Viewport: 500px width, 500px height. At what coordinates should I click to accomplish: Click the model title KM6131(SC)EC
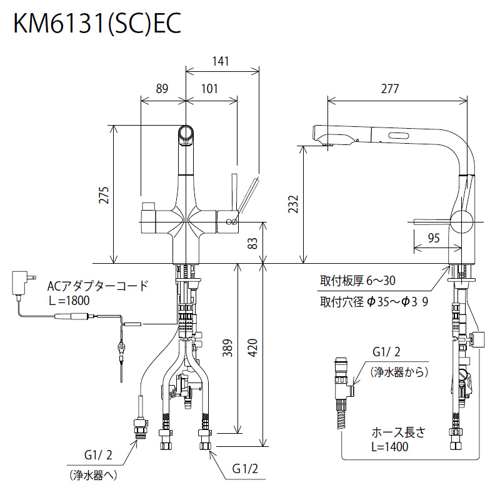pyautogui.click(x=97, y=23)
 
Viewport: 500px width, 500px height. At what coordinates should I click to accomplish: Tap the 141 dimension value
pyautogui.click(x=221, y=61)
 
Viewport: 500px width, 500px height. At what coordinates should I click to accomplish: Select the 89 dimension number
pyautogui.click(x=162, y=89)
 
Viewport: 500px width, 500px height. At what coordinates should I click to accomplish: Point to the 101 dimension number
pyautogui.click(x=209, y=89)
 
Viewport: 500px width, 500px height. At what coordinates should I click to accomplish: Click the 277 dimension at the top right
pyautogui.click(x=390, y=89)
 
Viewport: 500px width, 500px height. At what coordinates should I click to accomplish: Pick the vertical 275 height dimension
pyautogui.click(x=104, y=195)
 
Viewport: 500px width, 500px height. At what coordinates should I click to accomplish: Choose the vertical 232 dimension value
pyautogui.click(x=292, y=204)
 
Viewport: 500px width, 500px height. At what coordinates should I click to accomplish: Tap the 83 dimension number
pyautogui.click(x=252, y=244)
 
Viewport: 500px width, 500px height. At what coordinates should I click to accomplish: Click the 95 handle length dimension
pyautogui.click(x=434, y=238)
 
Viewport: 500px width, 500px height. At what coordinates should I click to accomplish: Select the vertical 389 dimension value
pyautogui.click(x=227, y=348)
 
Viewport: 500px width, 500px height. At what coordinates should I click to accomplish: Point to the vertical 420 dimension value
pyautogui.click(x=252, y=348)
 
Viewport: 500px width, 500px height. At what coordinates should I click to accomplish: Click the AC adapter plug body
pyautogui.click(x=19, y=282)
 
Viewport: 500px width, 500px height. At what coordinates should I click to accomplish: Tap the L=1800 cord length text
pyautogui.click(x=69, y=301)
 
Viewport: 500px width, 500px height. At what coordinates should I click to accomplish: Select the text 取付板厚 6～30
pyautogui.click(x=357, y=281)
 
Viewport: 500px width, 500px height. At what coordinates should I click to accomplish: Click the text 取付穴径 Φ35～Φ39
pyautogui.click(x=374, y=302)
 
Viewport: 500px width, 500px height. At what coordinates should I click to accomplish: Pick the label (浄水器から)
pyautogui.click(x=399, y=372)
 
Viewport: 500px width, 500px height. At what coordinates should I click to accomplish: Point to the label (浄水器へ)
pyautogui.click(x=93, y=476)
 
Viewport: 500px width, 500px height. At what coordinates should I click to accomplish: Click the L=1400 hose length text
pyautogui.click(x=389, y=447)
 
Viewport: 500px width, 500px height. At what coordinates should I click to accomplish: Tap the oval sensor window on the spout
pyautogui.click(x=399, y=136)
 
